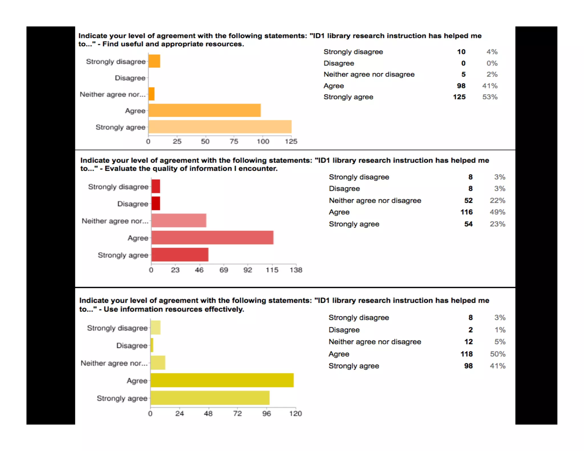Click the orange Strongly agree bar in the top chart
point(220,127)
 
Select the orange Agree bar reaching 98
point(204,110)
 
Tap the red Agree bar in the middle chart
point(212,238)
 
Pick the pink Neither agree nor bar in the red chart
point(179,221)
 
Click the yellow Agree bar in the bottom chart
point(222,380)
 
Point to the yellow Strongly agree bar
point(210,398)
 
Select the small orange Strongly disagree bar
point(154,61)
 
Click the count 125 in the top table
point(459,97)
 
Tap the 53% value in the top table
point(490,97)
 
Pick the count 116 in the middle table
point(467,212)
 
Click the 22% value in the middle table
point(498,200)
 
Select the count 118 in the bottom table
point(467,354)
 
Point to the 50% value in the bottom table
point(498,354)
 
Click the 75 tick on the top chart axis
point(234,141)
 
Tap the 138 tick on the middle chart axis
point(296,270)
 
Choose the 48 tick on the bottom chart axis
point(208,414)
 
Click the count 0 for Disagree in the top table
point(463,63)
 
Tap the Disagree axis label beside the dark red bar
point(133,204)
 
